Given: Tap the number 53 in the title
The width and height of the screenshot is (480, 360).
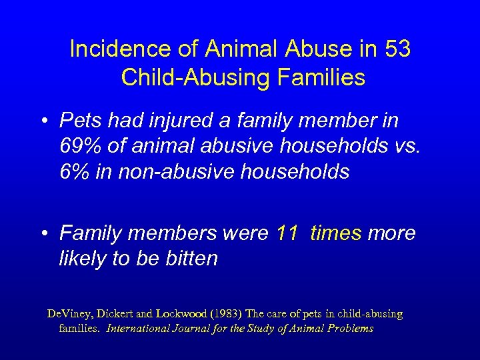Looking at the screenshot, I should [397, 49].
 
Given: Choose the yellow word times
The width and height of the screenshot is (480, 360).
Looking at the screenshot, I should [336, 233].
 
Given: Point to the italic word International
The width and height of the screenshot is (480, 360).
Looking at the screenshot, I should [139, 328].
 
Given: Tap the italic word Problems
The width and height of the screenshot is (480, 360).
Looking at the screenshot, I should [349, 328].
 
